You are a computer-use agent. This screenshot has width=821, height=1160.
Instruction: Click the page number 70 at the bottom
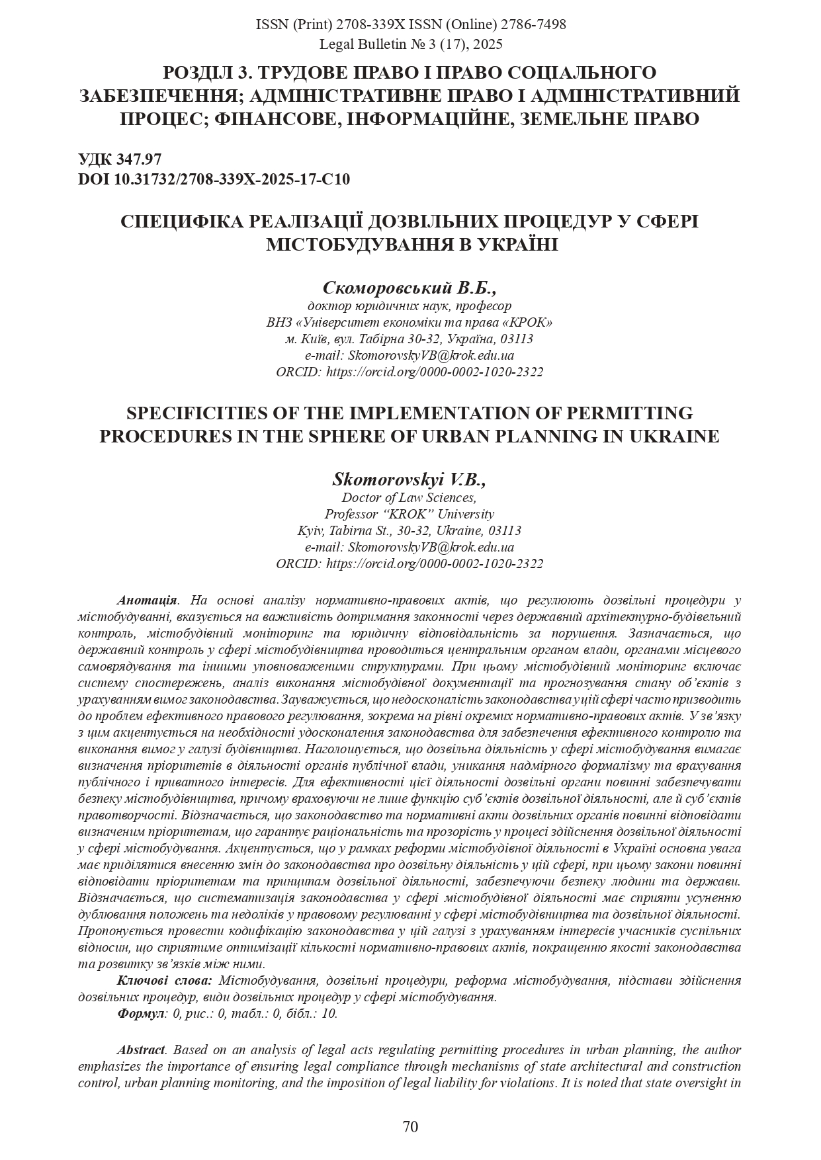coord(410,1127)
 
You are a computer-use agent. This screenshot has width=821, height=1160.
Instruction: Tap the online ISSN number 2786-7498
coord(533,24)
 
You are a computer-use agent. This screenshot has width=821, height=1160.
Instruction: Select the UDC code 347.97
coord(140,159)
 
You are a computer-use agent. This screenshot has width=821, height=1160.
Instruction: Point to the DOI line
coord(214,179)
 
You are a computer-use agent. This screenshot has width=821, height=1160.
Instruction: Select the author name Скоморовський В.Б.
coord(410,288)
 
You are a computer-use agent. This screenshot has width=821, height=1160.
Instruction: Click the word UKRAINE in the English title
coord(675,436)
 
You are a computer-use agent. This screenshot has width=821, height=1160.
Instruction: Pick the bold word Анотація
coord(147,601)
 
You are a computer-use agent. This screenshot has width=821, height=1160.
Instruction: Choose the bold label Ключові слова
coord(165,980)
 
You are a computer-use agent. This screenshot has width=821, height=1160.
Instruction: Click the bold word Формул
coord(140,1013)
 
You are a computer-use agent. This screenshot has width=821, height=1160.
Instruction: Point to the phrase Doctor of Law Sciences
coord(409,497)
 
